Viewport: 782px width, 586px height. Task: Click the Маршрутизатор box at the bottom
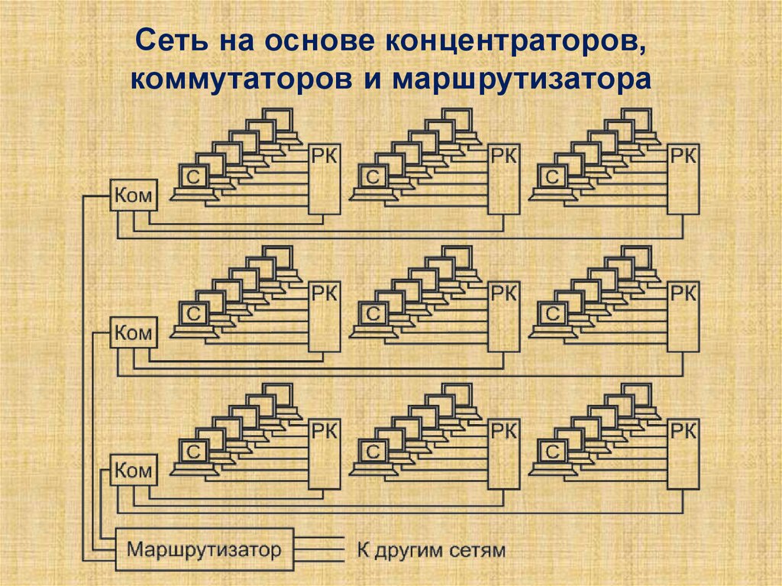coord(204,549)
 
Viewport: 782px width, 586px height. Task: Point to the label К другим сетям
coord(431,549)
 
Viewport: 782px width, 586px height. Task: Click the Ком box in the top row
coord(134,196)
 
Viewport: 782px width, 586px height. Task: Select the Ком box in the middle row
coord(134,332)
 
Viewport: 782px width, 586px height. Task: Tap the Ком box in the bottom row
coord(134,470)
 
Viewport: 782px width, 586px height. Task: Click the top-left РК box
coord(325,180)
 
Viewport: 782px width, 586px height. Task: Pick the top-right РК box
coord(683,180)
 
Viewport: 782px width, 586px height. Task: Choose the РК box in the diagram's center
coord(503,317)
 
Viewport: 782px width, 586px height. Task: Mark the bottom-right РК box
coord(683,455)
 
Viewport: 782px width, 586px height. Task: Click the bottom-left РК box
coord(325,455)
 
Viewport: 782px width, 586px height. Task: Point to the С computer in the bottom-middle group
coord(373,452)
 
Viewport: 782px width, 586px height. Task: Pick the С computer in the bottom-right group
coord(552,452)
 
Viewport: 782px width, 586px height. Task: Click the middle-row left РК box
coord(325,317)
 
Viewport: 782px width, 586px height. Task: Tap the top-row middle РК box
coord(503,180)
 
